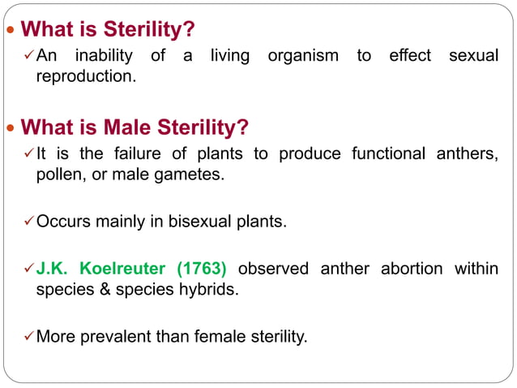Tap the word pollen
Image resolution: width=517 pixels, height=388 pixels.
pos(58,174)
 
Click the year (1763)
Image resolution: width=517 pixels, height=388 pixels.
pos(202,269)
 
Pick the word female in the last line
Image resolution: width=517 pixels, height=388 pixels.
pos(221,335)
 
